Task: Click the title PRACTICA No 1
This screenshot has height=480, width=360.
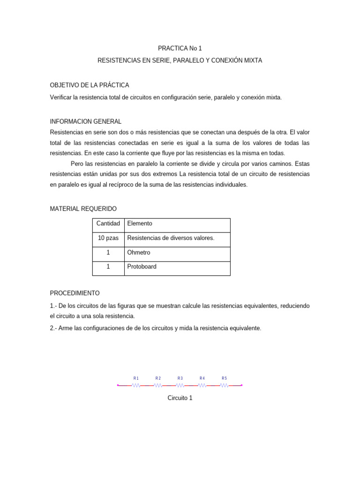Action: [x=180, y=48]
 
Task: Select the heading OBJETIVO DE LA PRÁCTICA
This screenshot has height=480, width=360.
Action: [x=89, y=85]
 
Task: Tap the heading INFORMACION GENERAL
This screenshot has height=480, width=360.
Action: [x=85, y=121]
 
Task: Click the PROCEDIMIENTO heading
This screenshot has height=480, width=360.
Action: [x=75, y=293]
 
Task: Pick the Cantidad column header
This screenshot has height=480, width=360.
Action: [x=108, y=224]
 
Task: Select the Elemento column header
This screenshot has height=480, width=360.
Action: [x=140, y=224]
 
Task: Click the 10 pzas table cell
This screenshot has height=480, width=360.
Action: [x=108, y=238]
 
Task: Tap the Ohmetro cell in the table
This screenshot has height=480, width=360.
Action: [x=139, y=253]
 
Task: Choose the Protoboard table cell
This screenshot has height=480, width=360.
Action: [x=142, y=267]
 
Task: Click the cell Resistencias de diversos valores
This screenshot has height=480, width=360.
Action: [x=171, y=238]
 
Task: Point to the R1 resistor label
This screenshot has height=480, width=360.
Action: [x=136, y=378]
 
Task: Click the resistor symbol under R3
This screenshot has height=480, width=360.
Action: [x=180, y=385]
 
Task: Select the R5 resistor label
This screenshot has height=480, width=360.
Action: [x=224, y=378]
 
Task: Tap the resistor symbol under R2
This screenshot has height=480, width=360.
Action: [x=158, y=385]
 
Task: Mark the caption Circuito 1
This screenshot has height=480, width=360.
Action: [x=180, y=398]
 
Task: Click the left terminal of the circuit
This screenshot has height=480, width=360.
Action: [x=118, y=385]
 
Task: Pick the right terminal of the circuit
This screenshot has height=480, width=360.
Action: [x=242, y=385]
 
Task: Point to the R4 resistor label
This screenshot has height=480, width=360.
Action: [x=202, y=378]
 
